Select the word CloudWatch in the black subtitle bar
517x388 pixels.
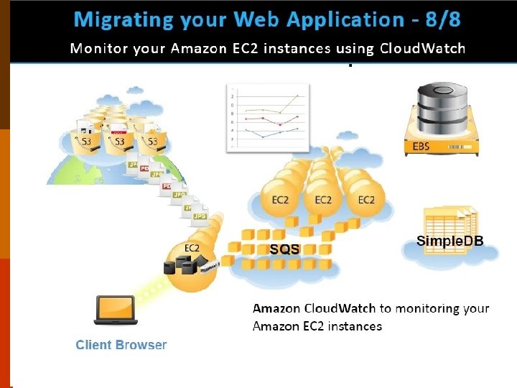click(x=422, y=49)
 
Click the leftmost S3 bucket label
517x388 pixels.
click(x=85, y=142)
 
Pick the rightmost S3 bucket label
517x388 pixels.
click(x=152, y=142)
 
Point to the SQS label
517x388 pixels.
click(x=284, y=249)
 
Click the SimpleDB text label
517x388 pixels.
click(x=450, y=241)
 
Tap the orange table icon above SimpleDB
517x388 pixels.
click(x=450, y=218)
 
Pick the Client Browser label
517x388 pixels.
click(x=121, y=345)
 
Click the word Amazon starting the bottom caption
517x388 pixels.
click(x=277, y=308)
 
